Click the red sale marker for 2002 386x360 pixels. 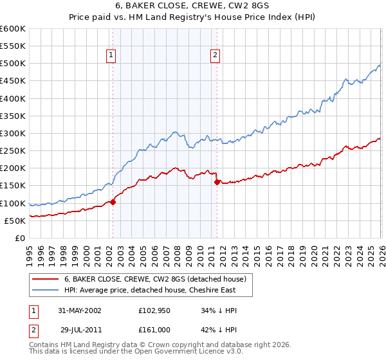(113, 202)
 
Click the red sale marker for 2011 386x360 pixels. (217, 182)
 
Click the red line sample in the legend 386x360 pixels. (45, 280)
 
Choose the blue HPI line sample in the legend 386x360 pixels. (45, 290)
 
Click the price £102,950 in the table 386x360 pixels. (153, 310)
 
